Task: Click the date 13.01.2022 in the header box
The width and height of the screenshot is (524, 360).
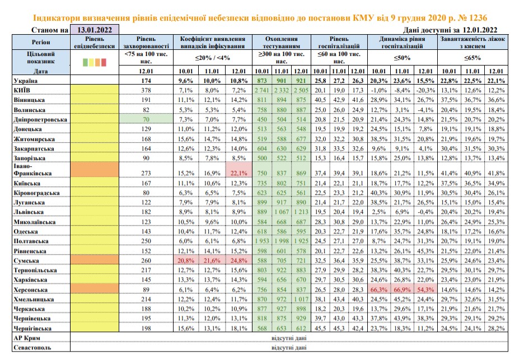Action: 95,30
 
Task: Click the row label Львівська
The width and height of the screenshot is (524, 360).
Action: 29,212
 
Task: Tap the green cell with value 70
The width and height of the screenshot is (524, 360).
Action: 146,119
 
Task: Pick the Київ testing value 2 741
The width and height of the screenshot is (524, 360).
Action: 262,90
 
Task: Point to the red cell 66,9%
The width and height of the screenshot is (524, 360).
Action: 402,289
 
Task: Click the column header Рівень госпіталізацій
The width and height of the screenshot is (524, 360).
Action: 339,43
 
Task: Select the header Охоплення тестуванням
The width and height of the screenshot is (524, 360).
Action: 282,43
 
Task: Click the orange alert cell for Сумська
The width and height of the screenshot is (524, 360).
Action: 95,260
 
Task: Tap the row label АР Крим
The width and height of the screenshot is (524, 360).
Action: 27,338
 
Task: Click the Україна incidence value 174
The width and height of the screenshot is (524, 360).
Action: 146,81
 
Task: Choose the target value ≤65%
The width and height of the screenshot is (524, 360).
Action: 472,58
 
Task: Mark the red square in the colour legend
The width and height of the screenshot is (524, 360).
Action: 104,62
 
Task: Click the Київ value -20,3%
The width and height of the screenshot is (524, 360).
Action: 425,90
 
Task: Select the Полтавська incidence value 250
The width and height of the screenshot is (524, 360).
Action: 146,241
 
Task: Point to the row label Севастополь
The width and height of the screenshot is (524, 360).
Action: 32,347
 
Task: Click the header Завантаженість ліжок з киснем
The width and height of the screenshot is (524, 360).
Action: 472,43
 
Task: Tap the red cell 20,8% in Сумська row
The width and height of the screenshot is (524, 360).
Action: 186,260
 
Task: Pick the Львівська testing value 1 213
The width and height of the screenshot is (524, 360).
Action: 301,212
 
